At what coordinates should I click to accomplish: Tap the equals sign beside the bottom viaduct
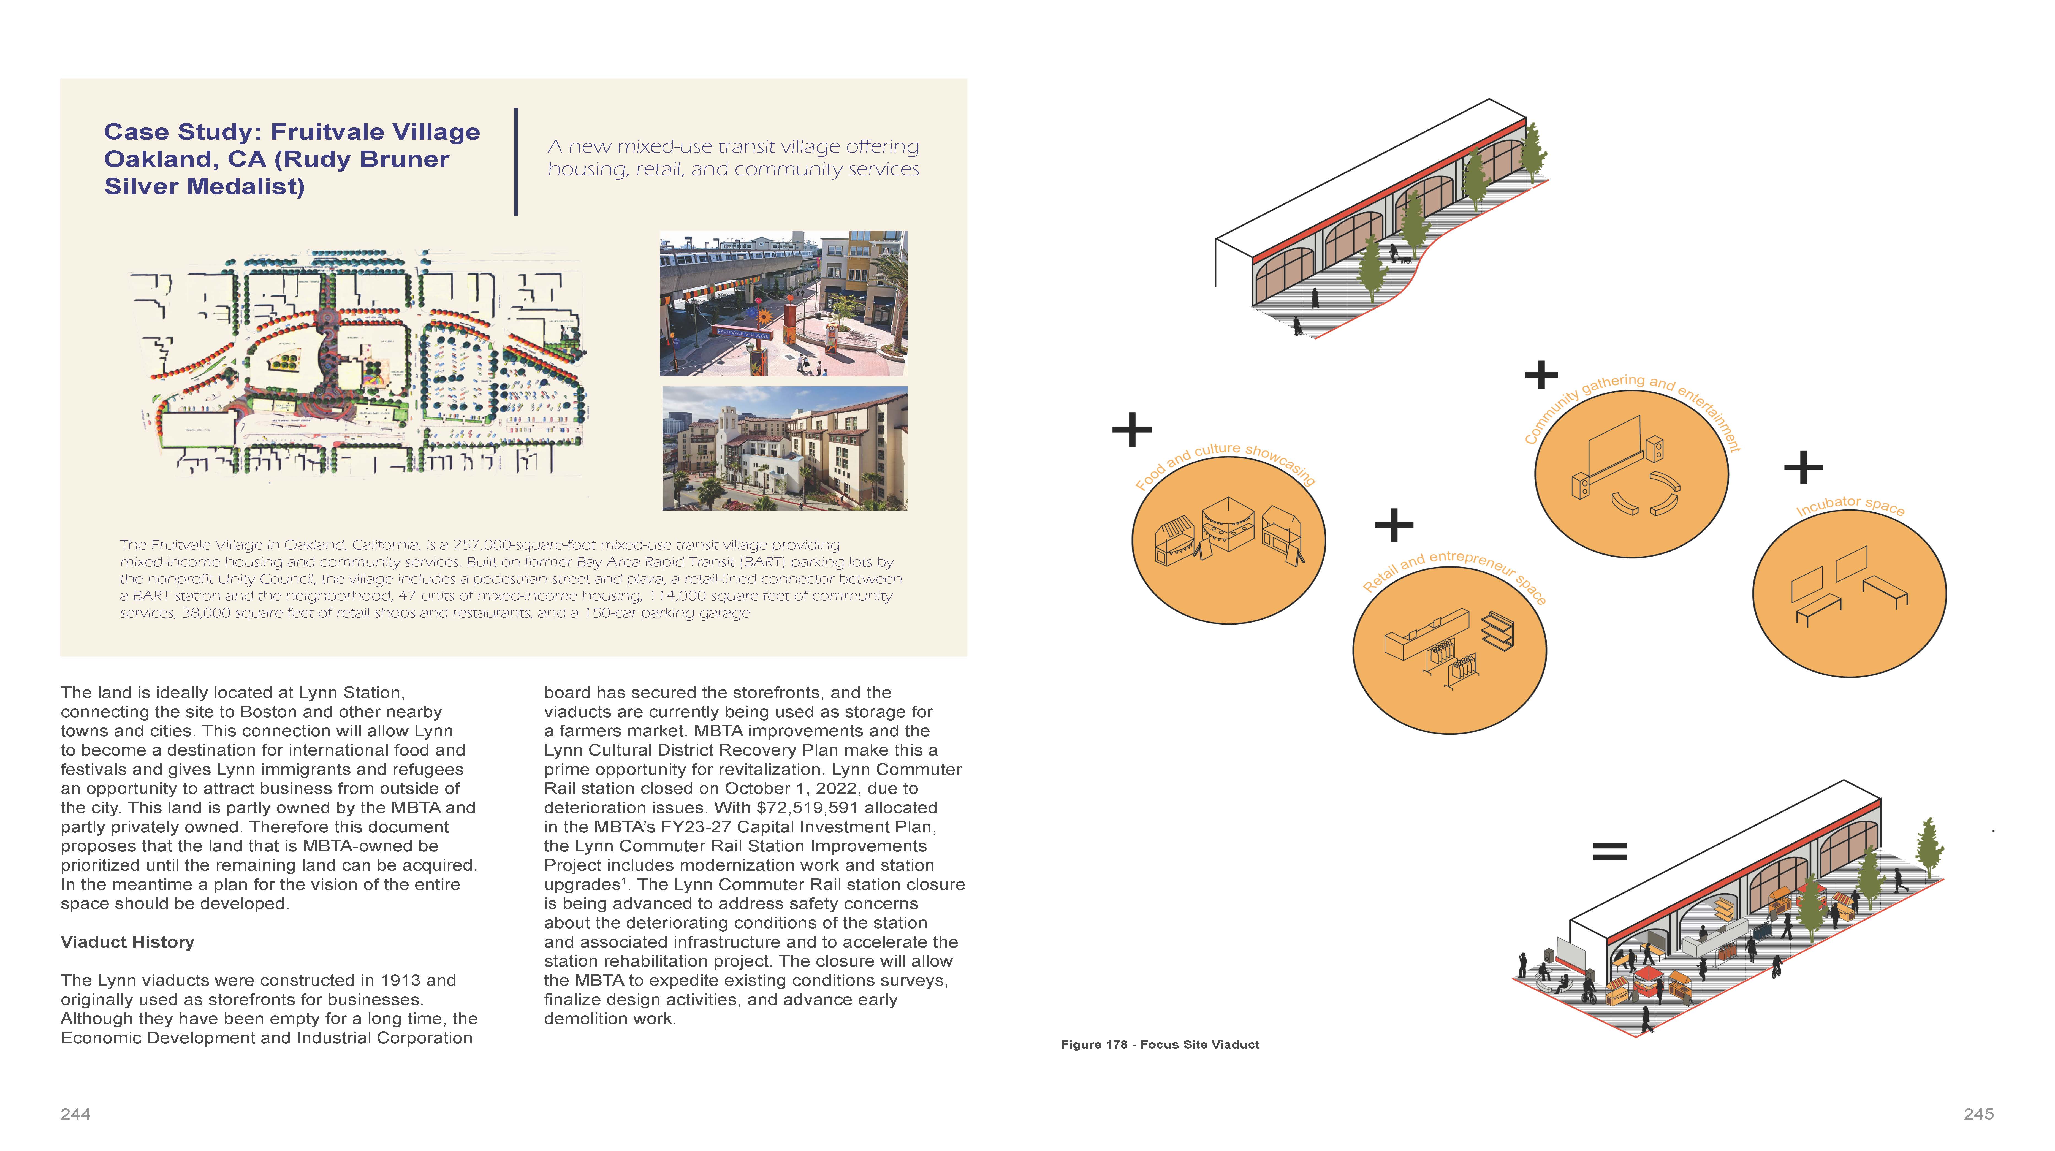pyautogui.click(x=1609, y=851)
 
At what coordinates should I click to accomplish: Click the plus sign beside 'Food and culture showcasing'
pyautogui.click(x=1132, y=430)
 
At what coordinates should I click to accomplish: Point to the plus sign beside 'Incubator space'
pyautogui.click(x=1803, y=467)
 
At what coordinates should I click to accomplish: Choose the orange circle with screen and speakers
pyautogui.click(x=1631, y=474)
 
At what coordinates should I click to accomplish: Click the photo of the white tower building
pyautogui.click(x=784, y=448)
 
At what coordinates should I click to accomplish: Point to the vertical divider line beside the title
pyautogui.click(x=516, y=162)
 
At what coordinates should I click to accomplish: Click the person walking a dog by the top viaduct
pyautogui.click(x=1396, y=255)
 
